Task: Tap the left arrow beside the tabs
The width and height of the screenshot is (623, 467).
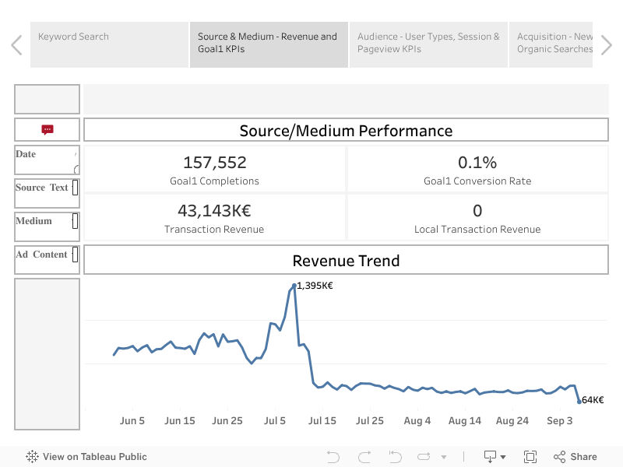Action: [16, 45]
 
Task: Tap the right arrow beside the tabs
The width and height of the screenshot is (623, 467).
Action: [607, 45]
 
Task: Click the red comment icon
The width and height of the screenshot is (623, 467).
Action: [48, 130]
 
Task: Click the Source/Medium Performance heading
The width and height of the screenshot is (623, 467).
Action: [346, 131]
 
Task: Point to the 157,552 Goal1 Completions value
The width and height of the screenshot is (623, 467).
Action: [215, 163]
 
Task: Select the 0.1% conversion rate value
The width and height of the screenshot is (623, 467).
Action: [477, 163]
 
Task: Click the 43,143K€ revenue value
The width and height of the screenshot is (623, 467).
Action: [215, 211]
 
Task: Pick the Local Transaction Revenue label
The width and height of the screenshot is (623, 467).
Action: [477, 230]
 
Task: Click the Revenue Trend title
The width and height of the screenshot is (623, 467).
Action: [346, 261]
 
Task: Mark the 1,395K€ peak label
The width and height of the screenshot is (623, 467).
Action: [315, 286]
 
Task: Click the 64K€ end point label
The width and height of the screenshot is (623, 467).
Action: [593, 400]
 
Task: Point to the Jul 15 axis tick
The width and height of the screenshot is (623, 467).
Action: [322, 421]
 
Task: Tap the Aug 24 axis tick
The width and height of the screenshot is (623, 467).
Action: [512, 421]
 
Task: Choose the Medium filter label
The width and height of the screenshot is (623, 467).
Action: [33, 221]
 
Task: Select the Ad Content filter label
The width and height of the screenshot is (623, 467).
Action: [40, 255]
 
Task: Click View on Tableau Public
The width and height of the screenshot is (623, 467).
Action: [86, 457]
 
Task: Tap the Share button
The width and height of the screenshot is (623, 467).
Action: [575, 457]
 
